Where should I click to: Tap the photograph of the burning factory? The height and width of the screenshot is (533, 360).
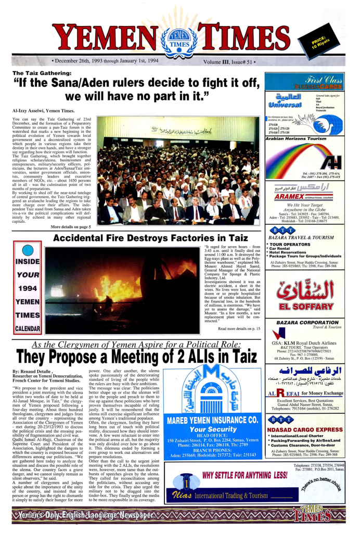[123, 290]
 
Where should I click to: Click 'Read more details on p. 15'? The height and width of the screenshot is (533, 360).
[239, 329]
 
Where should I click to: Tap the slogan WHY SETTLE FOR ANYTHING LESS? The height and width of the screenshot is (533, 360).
[245, 475]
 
